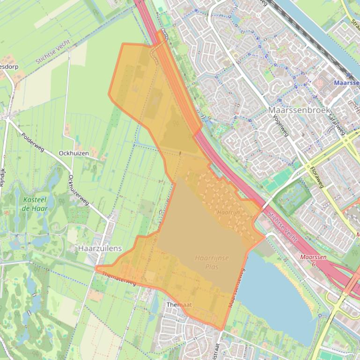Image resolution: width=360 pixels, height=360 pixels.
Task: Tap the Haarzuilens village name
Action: tap(100, 249)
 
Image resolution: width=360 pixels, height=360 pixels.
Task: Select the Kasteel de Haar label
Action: tap(34, 204)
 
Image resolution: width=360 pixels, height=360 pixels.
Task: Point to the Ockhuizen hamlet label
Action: tap(73, 153)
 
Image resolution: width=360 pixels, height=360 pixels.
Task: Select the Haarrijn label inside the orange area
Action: tap(228, 212)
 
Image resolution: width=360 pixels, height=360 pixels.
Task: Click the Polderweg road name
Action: tap(33, 142)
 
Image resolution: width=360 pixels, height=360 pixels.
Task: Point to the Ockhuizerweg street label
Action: tap(78, 190)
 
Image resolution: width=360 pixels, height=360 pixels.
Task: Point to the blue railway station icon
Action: tap(348, 75)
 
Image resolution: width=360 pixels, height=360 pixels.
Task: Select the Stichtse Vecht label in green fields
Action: tap(52, 52)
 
